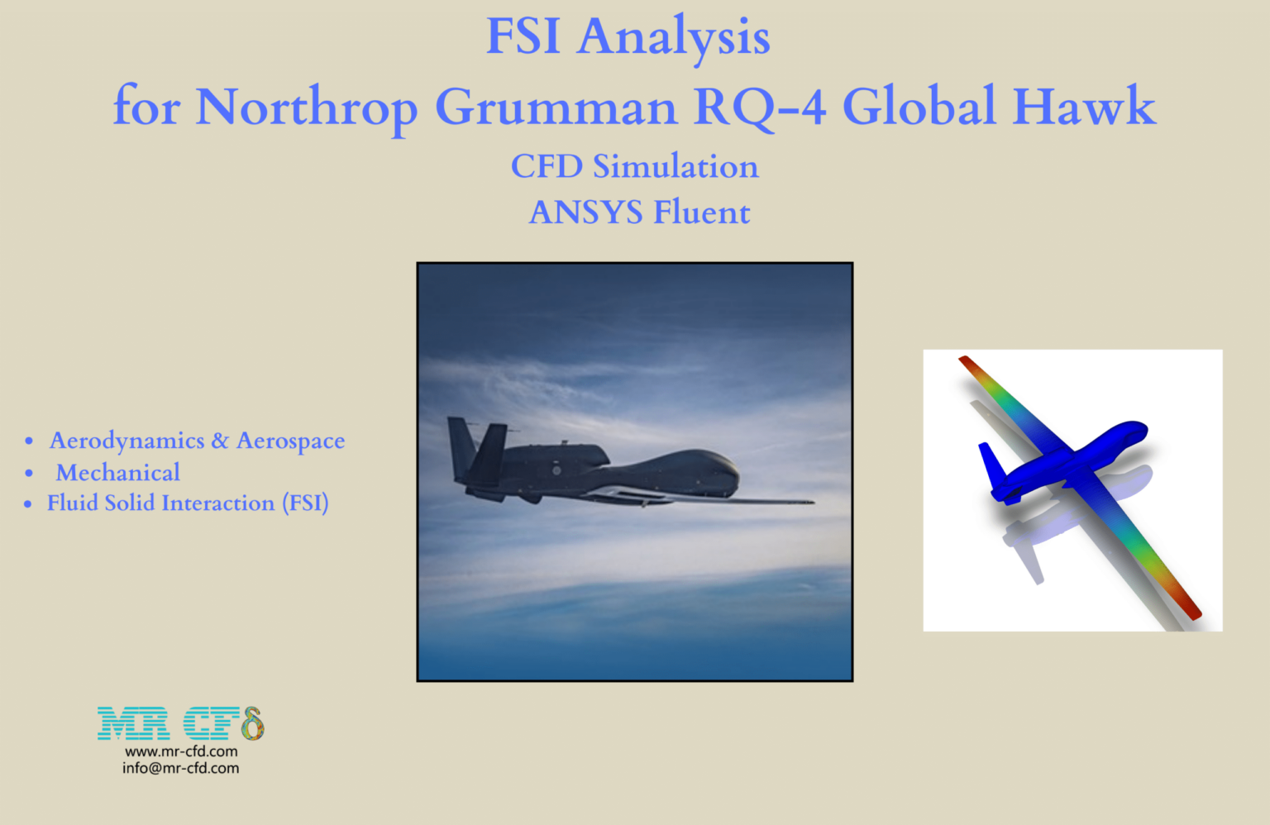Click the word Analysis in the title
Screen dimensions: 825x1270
coord(673,37)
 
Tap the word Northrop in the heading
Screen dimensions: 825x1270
coord(306,107)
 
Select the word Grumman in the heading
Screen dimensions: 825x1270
coord(556,107)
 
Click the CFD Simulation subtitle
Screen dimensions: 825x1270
coord(634,166)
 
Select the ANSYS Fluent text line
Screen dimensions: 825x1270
coord(639,212)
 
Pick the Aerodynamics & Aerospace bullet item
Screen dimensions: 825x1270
coord(197,441)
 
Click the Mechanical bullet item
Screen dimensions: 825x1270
coord(117,472)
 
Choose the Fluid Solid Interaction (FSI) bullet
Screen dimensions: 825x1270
coord(188,503)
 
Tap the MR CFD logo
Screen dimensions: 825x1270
coord(180,723)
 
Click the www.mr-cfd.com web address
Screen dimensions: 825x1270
coord(181,751)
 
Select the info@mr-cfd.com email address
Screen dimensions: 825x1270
coord(181,768)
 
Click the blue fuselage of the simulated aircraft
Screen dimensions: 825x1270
coord(1091,451)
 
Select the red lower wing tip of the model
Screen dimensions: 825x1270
coord(1191,610)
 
